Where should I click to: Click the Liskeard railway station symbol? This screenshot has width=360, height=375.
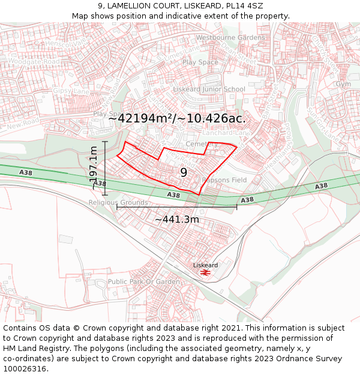click(205, 272)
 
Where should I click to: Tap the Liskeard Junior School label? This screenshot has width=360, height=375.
click(209, 89)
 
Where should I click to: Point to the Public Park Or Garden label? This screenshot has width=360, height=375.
click(144, 281)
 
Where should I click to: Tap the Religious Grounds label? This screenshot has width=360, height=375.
click(118, 203)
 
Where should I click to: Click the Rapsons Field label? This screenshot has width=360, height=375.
click(224, 180)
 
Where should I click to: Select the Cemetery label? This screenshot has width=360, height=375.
click(202, 145)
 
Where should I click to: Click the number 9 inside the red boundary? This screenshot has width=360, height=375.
click(184, 173)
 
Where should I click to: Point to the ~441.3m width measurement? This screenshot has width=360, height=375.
click(177, 220)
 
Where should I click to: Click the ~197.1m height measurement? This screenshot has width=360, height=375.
click(94, 168)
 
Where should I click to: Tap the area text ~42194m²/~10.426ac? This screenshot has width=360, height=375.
click(177, 118)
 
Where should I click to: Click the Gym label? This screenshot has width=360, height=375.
click(343, 84)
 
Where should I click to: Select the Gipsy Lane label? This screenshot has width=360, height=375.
click(71, 91)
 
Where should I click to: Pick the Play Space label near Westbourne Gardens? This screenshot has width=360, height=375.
click(200, 62)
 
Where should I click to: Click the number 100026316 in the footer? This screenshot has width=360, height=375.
click(26, 368)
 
